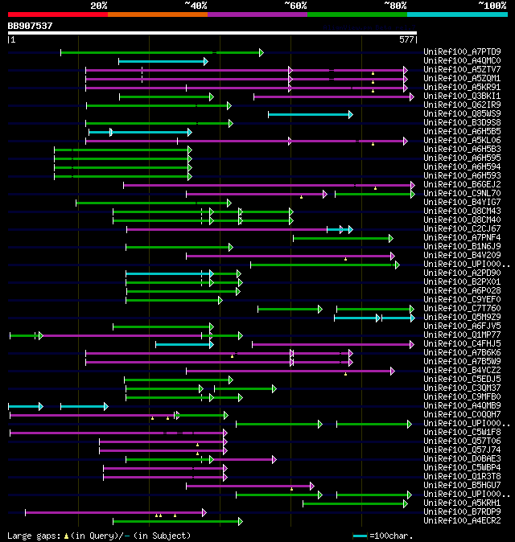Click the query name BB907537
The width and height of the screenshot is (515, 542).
pyautogui.click(x=31, y=26)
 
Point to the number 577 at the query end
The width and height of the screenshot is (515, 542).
pyautogui.click(x=406, y=39)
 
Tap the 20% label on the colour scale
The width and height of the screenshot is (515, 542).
pyautogui.click(x=98, y=5)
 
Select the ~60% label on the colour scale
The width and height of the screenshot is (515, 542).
pyautogui.click(x=295, y=5)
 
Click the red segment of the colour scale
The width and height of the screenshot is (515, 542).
pyautogui.click(x=57, y=14)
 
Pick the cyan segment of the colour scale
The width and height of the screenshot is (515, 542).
pyautogui.click(x=456, y=14)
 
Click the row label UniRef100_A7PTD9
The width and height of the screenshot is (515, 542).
pyautogui.click(x=449, y=52)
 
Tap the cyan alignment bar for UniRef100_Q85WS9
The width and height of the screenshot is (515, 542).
pyautogui.click(x=310, y=114)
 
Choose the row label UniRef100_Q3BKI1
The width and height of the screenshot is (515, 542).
pyautogui.click(x=449, y=96)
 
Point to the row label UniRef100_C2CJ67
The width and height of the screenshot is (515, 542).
pyautogui.click(x=449, y=229)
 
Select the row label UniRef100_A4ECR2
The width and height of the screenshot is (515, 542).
pyautogui.click(x=449, y=520)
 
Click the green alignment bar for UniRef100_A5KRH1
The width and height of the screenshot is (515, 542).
pyautogui.click(x=355, y=503)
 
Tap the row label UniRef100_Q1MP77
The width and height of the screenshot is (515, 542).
pyautogui.click(x=449, y=335)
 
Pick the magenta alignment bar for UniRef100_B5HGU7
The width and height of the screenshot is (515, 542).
pyautogui.click(x=249, y=486)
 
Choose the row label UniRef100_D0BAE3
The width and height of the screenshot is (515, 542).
pyautogui.click(x=449, y=459)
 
